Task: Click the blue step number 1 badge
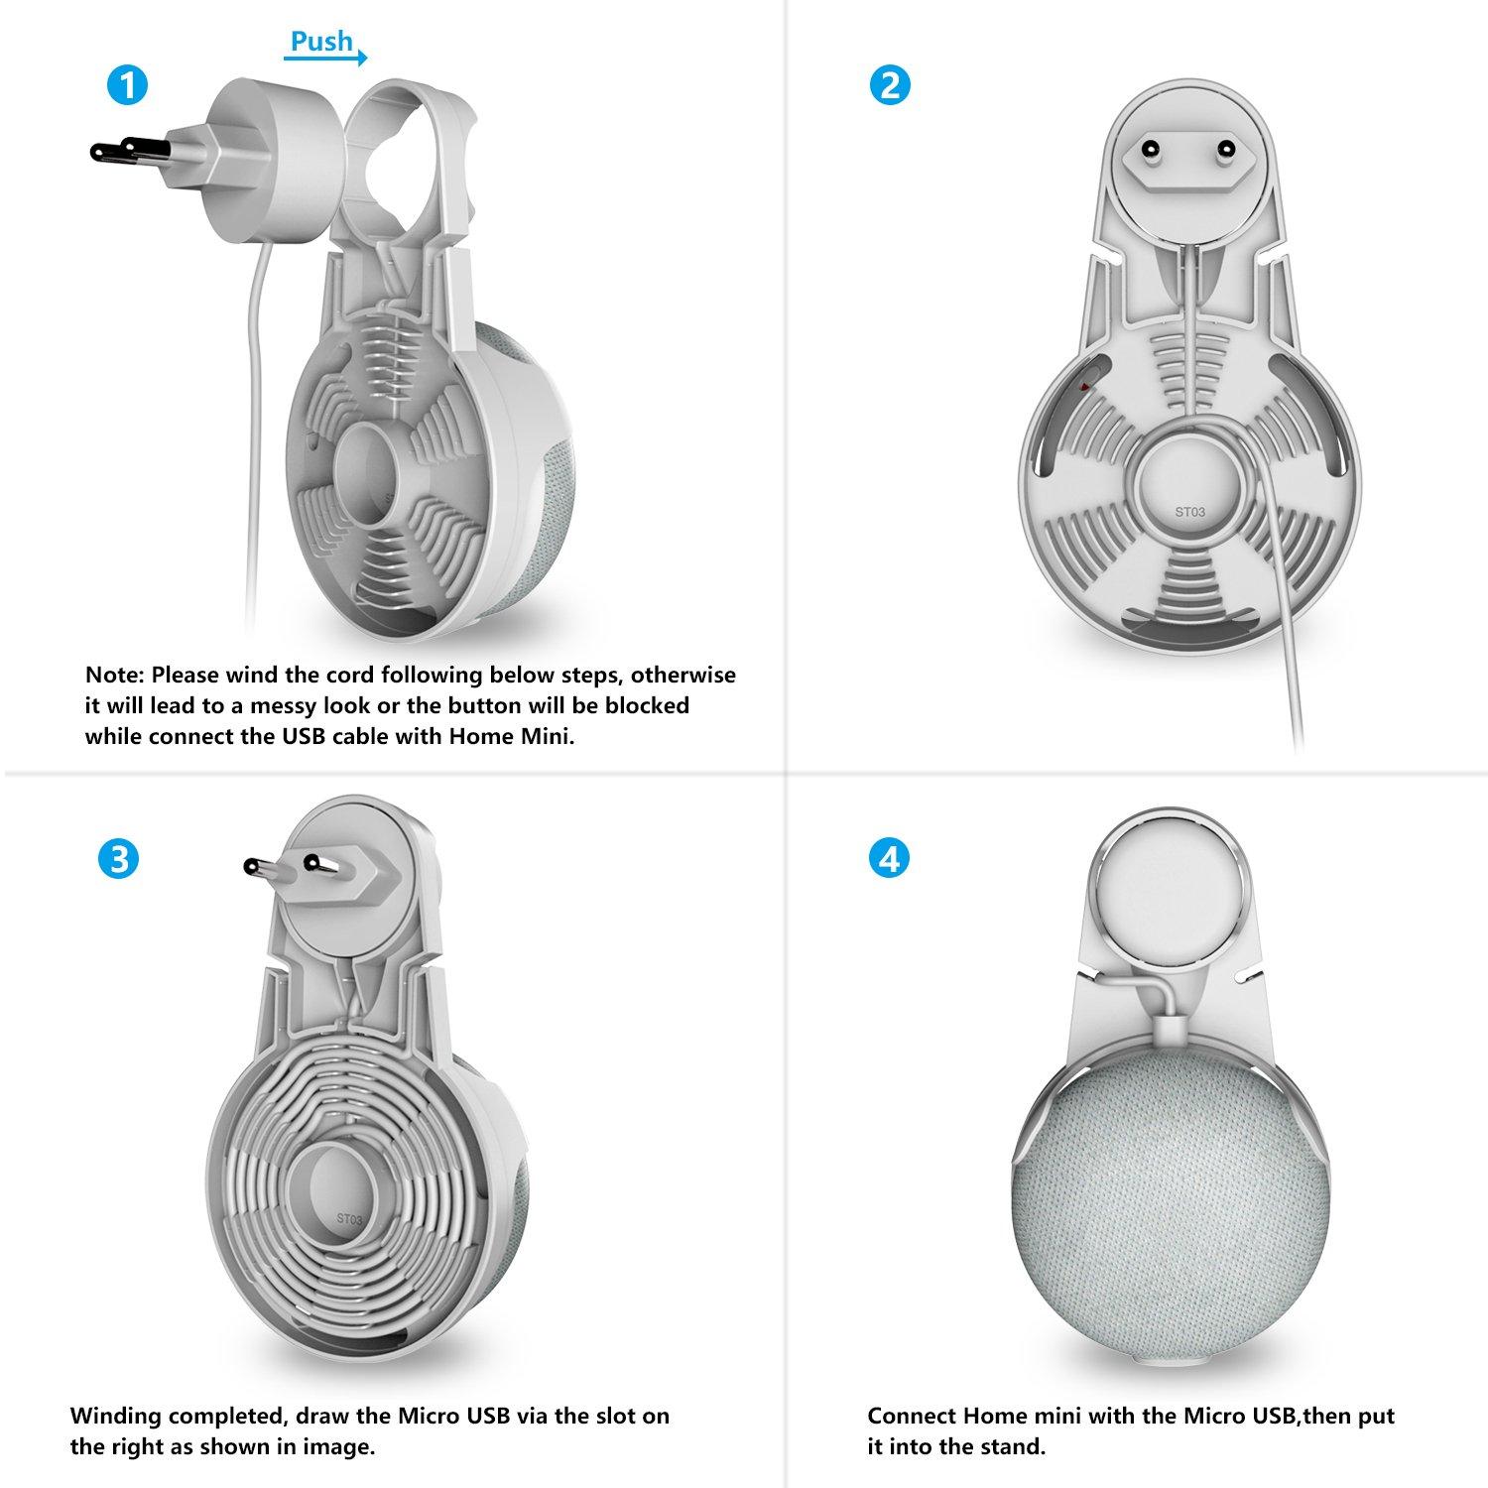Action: (x=127, y=85)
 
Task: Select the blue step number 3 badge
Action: (x=119, y=858)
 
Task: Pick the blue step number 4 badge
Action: (x=889, y=858)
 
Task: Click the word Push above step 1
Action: (x=321, y=41)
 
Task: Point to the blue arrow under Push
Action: (x=325, y=59)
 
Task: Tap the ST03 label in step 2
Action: (x=1190, y=512)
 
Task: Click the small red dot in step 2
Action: (x=1084, y=385)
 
